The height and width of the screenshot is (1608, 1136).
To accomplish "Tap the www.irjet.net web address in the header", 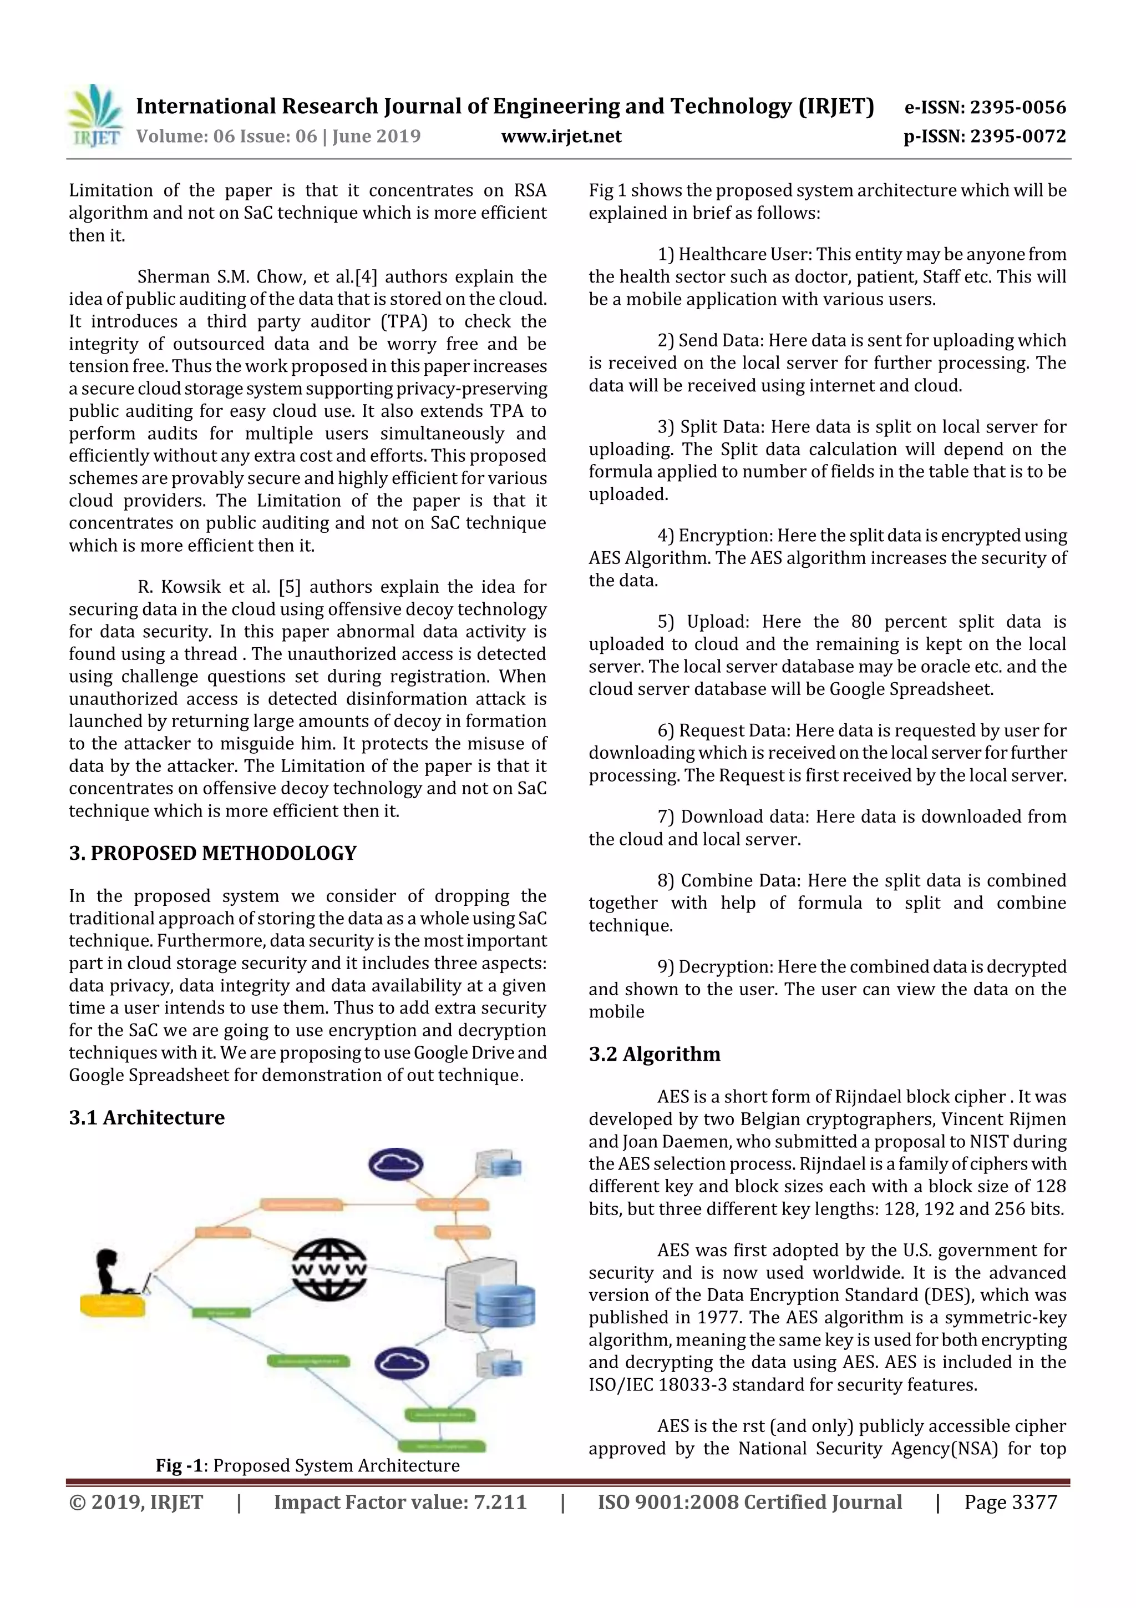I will [x=561, y=136].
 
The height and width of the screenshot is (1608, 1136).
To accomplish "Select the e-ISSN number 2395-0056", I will [x=1018, y=107].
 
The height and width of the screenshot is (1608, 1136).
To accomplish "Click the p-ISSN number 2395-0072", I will [x=1018, y=136].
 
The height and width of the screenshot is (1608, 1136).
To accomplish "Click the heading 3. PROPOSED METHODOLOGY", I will [x=213, y=853].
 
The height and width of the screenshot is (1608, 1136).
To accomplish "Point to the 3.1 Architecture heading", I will [x=146, y=1117].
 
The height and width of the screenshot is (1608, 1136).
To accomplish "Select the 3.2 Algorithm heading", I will [x=654, y=1054].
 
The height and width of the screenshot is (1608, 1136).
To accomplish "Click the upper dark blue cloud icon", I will [x=395, y=1164].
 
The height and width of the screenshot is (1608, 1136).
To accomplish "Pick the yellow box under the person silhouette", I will [x=113, y=1305].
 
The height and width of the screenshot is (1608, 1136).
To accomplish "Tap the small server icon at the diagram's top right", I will [x=498, y=1164].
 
